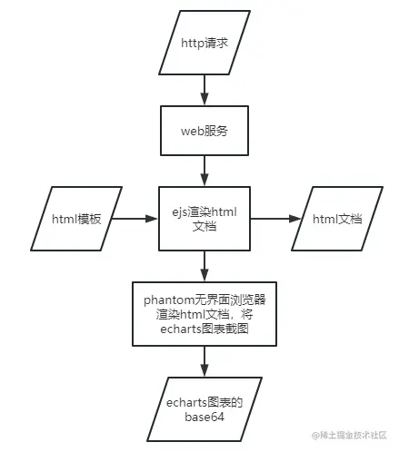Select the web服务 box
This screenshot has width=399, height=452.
[x=204, y=130]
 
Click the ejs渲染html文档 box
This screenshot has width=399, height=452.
[x=204, y=218]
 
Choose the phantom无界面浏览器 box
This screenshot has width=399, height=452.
[x=204, y=312]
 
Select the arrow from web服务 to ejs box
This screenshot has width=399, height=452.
[x=204, y=170]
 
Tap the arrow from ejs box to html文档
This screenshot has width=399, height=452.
[x=274, y=218]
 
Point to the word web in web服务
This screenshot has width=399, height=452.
[x=192, y=130]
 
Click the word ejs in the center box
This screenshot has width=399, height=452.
[x=180, y=211]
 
